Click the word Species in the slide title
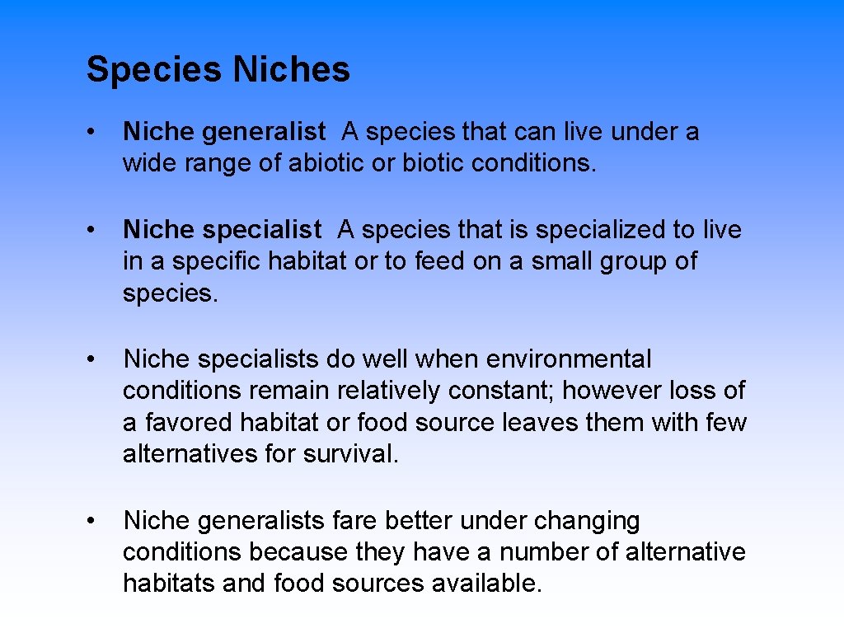[155, 70]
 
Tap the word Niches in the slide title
[291, 69]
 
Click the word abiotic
[326, 163]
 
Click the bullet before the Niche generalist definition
[97, 132]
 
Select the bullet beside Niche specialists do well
[97, 360]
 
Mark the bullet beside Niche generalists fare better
[97, 522]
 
